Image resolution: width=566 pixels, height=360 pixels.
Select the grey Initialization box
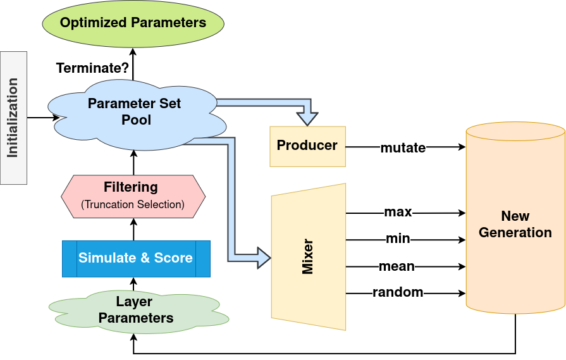(x=13, y=118)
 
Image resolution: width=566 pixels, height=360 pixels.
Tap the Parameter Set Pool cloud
(x=134, y=112)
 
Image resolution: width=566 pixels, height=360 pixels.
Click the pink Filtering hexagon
(x=133, y=195)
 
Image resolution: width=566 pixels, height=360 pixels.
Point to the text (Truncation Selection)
(x=133, y=204)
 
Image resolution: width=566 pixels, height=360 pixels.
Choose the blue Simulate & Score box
(x=135, y=258)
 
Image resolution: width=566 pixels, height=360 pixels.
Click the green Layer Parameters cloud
(x=136, y=310)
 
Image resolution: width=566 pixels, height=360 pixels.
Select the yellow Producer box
(x=307, y=146)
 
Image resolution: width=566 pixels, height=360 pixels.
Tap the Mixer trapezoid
(x=309, y=256)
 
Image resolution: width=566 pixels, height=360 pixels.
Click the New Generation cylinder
(x=515, y=225)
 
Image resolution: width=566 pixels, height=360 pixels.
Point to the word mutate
(x=403, y=148)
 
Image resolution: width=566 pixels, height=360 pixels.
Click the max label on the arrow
(x=398, y=211)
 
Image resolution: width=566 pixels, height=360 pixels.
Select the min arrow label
(x=398, y=239)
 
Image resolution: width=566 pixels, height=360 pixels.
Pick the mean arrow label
(x=397, y=266)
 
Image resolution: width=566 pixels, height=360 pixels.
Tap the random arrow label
(x=398, y=292)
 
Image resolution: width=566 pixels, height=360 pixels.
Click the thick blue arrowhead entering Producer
(x=308, y=118)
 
